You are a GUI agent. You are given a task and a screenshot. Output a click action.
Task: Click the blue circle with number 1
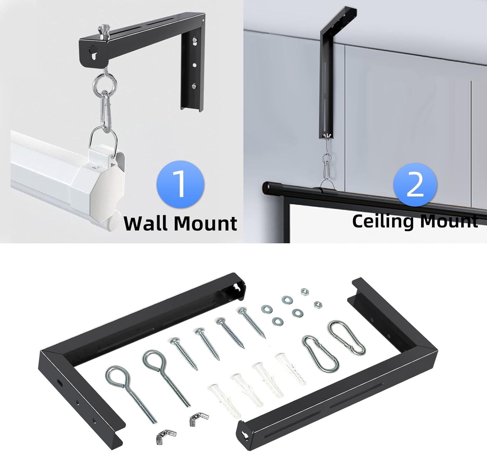[x=181, y=184]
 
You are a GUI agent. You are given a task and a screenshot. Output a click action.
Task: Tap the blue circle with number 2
[x=415, y=185]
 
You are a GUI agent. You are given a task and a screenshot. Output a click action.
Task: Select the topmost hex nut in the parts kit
[x=304, y=292]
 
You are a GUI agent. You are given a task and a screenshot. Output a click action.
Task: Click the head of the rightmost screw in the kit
[x=242, y=311]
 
